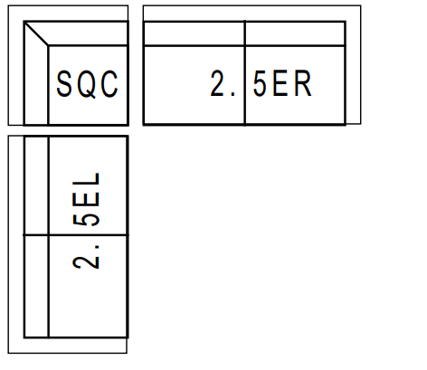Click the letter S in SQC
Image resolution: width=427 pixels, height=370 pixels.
[63, 83]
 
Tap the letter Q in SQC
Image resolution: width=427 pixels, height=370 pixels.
[87, 84]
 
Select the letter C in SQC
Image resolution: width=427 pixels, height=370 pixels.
[109, 83]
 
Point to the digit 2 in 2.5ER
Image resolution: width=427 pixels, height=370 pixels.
[217, 83]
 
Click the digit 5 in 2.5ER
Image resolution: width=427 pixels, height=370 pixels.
[260, 83]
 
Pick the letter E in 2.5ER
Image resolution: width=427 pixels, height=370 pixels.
[280, 83]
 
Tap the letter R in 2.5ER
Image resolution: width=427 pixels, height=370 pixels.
[302, 83]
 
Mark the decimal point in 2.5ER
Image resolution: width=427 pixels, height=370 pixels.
[232, 94]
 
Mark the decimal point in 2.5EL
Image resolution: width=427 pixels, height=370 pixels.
[97, 246]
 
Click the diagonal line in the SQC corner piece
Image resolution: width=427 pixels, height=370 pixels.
[36, 33]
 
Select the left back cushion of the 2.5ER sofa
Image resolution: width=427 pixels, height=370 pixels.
[195, 33]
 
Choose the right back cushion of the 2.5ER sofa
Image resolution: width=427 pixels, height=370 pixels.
[295, 33]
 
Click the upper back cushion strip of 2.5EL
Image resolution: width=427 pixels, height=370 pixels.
[36, 185]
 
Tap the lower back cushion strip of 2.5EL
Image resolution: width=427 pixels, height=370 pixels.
[36, 286]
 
